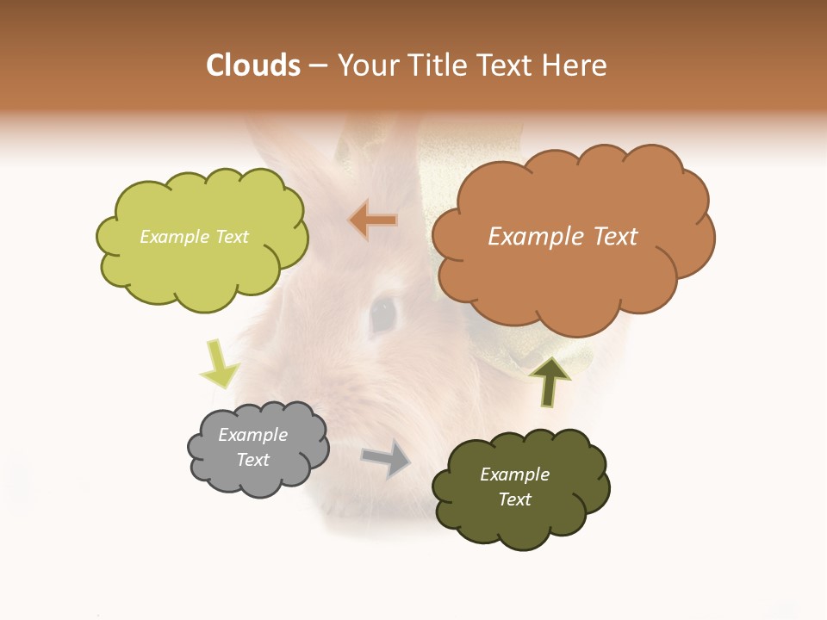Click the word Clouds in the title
[x=254, y=65]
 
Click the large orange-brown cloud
[x=573, y=276]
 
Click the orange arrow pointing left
[x=374, y=220]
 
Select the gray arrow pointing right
[x=387, y=458]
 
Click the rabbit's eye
[x=382, y=314]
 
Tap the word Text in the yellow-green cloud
[x=230, y=237]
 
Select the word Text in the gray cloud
[x=253, y=460]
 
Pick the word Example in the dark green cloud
[x=514, y=474]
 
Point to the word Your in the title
[x=364, y=65]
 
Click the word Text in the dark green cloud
[x=514, y=499]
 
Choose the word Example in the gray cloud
[x=253, y=435]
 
